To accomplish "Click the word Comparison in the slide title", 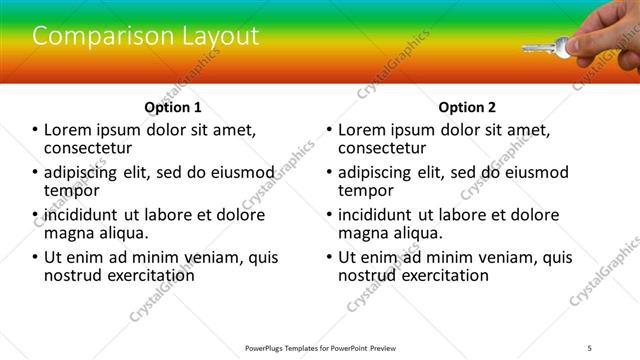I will click(x=90, y=36).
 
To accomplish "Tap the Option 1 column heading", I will click(x=173, y=107).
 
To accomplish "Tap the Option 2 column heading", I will click(x=466, y=107).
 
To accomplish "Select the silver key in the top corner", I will click(x=545, y=45).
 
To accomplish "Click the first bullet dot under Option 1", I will click(x=36, y=130).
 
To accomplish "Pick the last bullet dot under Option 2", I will click(x=330, y=257).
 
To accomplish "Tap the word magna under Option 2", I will click(x=363, y=233).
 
